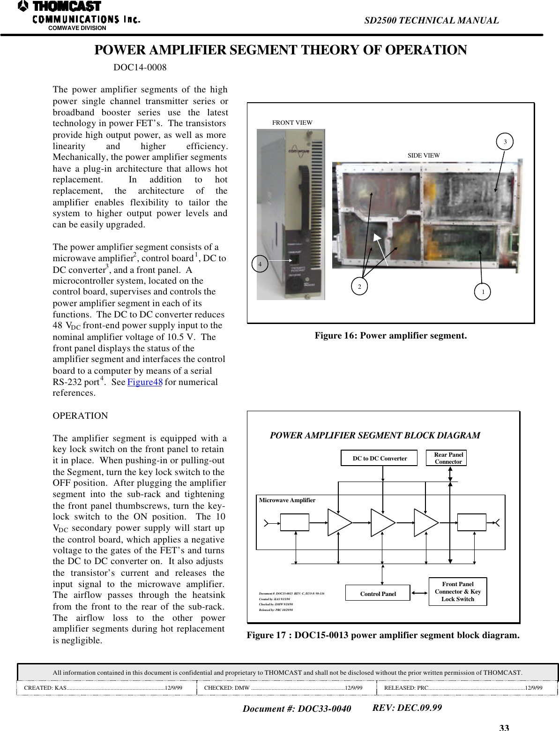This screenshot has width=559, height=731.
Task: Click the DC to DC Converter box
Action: click(379, 458)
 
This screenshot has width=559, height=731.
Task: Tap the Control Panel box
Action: click(378, 593)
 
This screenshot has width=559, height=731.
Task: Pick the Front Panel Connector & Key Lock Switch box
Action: click(458, 592)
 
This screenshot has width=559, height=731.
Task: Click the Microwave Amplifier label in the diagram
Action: click(287, 500)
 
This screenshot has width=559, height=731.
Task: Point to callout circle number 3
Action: click(505, 142)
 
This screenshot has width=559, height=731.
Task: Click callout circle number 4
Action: click(260, 264)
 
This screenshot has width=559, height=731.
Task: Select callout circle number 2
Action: click(359, 286)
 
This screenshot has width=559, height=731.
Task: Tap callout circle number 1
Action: click(483, 292)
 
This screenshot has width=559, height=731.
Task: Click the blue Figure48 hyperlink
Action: click(145, 382)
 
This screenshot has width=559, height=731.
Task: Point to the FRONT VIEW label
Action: click(292, 123)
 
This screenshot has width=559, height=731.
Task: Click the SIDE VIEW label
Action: click(424, 156)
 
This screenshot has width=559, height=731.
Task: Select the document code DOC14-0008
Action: click(140, 68)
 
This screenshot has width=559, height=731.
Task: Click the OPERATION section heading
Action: click(80, 416)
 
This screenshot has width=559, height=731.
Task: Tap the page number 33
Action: click(504, 727)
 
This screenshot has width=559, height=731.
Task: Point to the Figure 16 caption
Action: click(390, 336)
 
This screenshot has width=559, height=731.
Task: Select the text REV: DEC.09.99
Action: click(407, 708)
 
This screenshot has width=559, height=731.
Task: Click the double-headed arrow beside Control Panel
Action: click(419, 593)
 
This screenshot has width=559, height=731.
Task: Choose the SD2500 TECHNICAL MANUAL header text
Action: click(431, 21)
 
